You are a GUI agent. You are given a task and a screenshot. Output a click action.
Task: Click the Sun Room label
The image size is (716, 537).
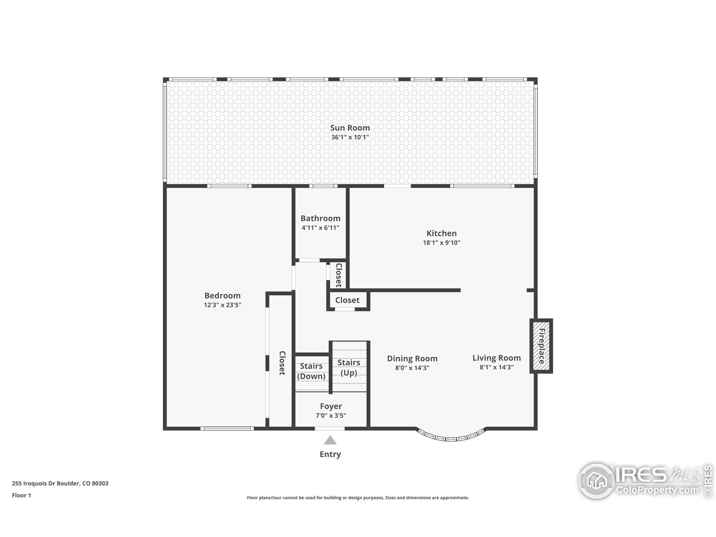coord(350,128)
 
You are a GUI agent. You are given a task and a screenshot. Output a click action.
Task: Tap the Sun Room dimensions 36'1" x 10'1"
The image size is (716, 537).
coord(350,137)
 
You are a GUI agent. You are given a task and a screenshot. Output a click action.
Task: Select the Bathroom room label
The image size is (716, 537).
coord(321,218)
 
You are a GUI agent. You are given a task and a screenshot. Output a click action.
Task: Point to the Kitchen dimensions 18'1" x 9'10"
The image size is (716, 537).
coord(442,243)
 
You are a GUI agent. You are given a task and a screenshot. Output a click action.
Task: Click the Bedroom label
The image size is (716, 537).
coord(222,296)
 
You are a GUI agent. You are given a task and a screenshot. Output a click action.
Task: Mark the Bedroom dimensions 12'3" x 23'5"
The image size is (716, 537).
coord(222,305)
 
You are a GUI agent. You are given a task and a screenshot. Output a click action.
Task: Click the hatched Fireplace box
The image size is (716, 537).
coord(541,346)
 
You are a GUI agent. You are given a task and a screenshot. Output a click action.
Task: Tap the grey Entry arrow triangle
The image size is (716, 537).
coord(330,441)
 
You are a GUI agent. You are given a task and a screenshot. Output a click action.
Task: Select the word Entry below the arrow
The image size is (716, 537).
coord(330,454)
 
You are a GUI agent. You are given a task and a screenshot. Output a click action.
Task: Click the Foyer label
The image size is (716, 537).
coord(331,406)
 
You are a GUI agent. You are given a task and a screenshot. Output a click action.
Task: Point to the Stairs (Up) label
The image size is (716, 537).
coord(348,368)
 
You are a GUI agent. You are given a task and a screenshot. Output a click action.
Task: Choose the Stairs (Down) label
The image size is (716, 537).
coord(311,371)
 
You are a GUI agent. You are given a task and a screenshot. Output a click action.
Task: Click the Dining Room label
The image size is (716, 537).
coord(412,358)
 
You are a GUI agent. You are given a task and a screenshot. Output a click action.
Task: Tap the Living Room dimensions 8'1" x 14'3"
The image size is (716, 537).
coord(496,367)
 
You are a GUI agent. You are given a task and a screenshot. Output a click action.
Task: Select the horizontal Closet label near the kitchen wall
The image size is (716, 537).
coord(347,300)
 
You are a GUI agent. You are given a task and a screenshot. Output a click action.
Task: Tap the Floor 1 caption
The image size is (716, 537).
coord(21,495)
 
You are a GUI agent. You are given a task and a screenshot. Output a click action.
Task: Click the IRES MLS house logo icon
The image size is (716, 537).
coord(597,481)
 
